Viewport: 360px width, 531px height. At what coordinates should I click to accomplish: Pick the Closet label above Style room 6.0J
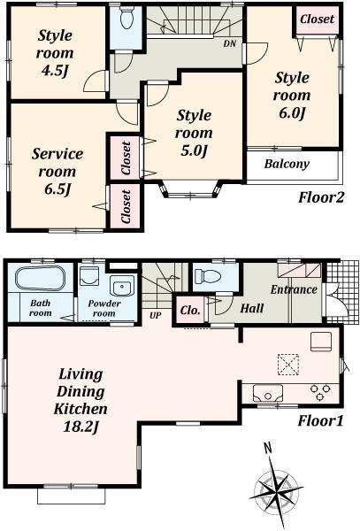[x=317, y=19]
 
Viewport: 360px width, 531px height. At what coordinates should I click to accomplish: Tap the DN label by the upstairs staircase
[x=230, y=43]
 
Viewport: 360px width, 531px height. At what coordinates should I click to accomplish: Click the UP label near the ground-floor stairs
[x=156, y=314]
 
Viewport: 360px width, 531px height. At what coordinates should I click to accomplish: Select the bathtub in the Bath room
[x=40, y=280]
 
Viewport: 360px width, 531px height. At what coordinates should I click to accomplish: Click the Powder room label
[x=103, y=308]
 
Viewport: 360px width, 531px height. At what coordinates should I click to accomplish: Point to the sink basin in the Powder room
[x=121, y=285]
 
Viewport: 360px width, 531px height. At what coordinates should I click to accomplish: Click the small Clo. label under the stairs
[x=190, y=309]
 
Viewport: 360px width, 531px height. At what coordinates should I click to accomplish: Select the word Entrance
[x=293, y=289]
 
